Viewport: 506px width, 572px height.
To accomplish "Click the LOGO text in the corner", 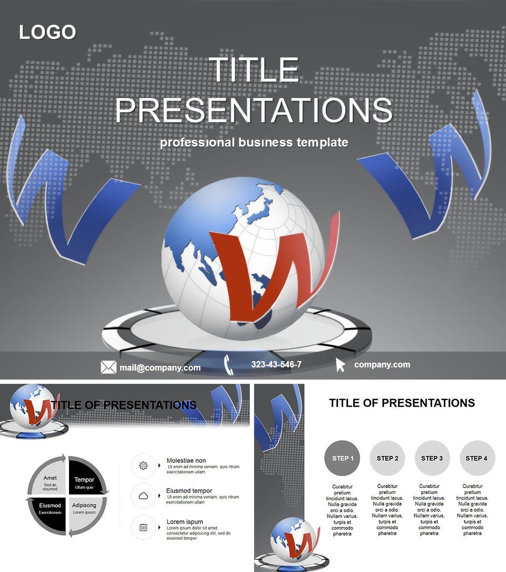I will [x=47, y=32].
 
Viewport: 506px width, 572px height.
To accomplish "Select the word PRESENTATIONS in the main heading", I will [x=254, y=110].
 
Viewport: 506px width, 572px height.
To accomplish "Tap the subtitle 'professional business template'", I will [x=254, y=142].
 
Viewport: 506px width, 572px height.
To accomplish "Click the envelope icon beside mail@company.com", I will [x=108, y=367].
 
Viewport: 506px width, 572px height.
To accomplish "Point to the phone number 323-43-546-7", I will [x=276, y=364].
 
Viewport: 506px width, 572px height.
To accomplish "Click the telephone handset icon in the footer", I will [x=229, y=365].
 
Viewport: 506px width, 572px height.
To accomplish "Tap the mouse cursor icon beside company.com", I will [x=340, y=364].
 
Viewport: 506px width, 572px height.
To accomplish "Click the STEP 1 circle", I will [x=343, y=458].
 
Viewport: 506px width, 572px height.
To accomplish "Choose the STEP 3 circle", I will [x=432, y=458].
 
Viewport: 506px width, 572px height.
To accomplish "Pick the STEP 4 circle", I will [x=476, y=458].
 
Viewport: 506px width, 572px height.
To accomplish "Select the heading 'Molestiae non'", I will [x=186, y=460].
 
